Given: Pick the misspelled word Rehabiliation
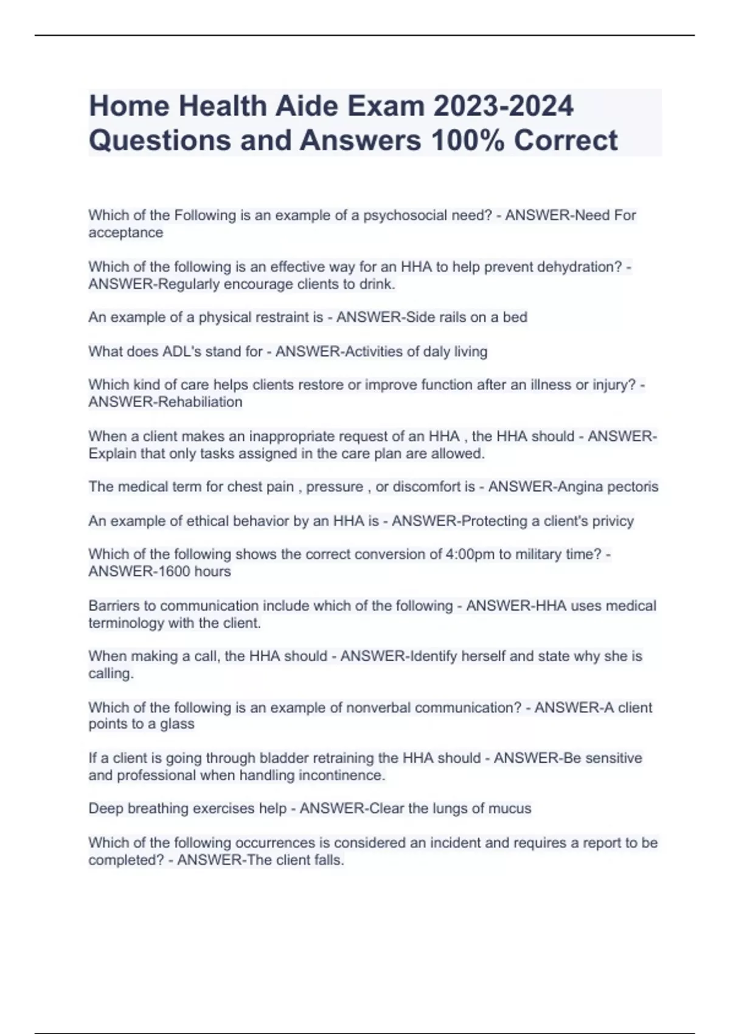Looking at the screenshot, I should point(200,402).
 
